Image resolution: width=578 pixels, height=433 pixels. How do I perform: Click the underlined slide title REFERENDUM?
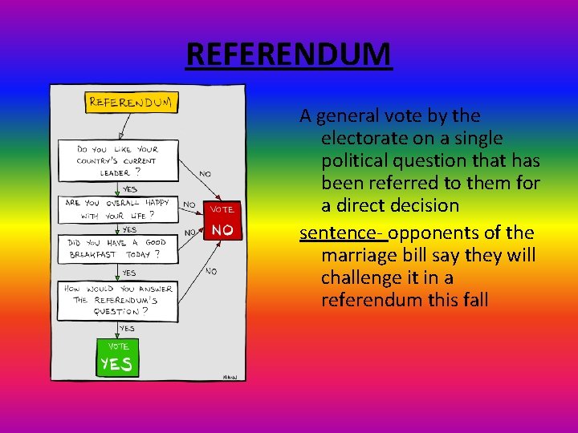289,55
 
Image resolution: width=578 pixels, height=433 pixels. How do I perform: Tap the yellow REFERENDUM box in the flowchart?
133,102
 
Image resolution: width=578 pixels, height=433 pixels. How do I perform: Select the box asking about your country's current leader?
117,160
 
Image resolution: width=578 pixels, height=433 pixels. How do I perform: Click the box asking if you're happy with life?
117,209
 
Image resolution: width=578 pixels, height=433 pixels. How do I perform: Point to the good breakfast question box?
117,248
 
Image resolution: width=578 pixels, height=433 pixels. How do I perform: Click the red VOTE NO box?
222,220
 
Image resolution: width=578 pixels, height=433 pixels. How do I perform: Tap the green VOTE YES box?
117,358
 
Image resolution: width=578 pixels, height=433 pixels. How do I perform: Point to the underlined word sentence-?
343,233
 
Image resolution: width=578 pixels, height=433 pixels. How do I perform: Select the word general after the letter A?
344,116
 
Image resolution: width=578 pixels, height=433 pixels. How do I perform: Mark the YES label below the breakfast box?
128,273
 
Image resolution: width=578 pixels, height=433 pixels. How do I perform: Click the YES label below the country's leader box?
129,189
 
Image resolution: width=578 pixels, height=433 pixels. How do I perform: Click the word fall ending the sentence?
474,301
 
